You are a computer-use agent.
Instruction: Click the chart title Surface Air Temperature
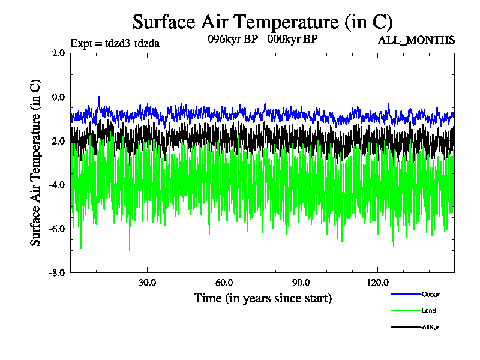(262, 22)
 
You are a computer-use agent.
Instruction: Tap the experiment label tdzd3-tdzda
(115, 43)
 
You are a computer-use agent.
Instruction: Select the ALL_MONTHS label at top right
(416, 40)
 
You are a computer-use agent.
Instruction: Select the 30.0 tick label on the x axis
(147, 283)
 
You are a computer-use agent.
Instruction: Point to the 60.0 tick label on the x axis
(224, 283)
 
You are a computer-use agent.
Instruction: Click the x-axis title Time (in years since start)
(262, 298)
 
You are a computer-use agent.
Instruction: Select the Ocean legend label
(431, 294)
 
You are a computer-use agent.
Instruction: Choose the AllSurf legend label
(432, 327)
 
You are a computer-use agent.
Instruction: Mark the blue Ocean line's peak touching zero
(98, 97)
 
